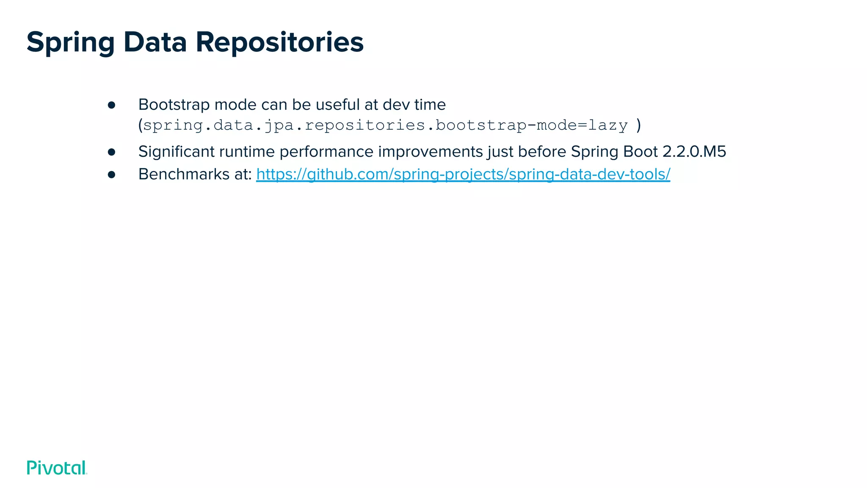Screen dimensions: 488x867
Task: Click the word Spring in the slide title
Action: pos(70,42)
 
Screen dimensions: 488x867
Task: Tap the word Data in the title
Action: pos(155,42)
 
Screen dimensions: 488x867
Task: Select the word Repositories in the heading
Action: pos(279,42)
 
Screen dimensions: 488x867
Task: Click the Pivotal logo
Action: pos(57,468)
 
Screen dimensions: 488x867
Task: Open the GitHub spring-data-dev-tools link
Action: pos(463,174)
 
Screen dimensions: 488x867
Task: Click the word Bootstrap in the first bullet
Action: pos(174,105)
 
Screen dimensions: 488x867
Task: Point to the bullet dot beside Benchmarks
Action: pos(112,175)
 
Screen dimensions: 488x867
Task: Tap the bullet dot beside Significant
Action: pos(112,152)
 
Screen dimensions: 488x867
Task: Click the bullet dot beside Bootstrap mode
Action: pos(112,105)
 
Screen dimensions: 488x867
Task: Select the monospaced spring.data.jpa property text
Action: pos(385,125)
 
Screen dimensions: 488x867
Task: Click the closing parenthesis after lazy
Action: pos(639,125)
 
